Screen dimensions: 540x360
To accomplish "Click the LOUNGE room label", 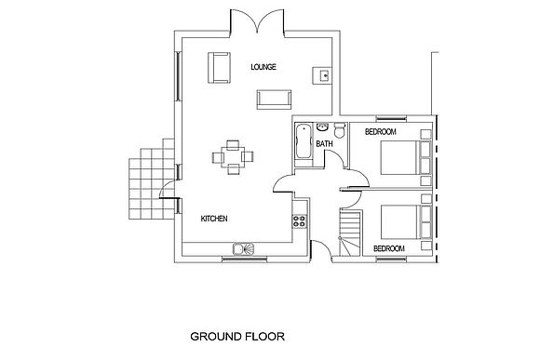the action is pos(263,67).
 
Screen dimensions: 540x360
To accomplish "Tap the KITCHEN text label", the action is pos(214,219).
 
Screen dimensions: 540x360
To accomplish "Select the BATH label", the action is pos(324,144).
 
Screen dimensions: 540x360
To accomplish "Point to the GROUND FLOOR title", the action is pos(237,336).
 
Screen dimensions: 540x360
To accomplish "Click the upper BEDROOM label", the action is pos(381,131).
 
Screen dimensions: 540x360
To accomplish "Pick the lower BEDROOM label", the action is pos(389,248).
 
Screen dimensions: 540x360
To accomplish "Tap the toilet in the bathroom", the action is pos(340,130).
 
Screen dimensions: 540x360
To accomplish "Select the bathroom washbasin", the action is pos(322,127).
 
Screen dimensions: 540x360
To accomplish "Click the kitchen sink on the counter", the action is pos(243,248).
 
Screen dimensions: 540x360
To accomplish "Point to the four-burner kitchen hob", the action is pos(299,220).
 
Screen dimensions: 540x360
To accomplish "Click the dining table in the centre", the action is pos(233,157).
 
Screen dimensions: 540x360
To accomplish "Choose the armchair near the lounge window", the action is pos(219,68).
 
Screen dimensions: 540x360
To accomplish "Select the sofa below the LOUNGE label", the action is pos(274,100).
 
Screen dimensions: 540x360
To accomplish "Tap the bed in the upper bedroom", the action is pos(406,157).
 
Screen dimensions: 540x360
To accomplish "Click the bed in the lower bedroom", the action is pos(406,222).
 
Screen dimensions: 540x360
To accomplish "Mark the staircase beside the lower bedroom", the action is pos(351,233).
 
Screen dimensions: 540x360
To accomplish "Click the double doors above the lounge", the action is pos(257,21).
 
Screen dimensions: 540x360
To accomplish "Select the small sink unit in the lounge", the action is pos(322,75).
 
